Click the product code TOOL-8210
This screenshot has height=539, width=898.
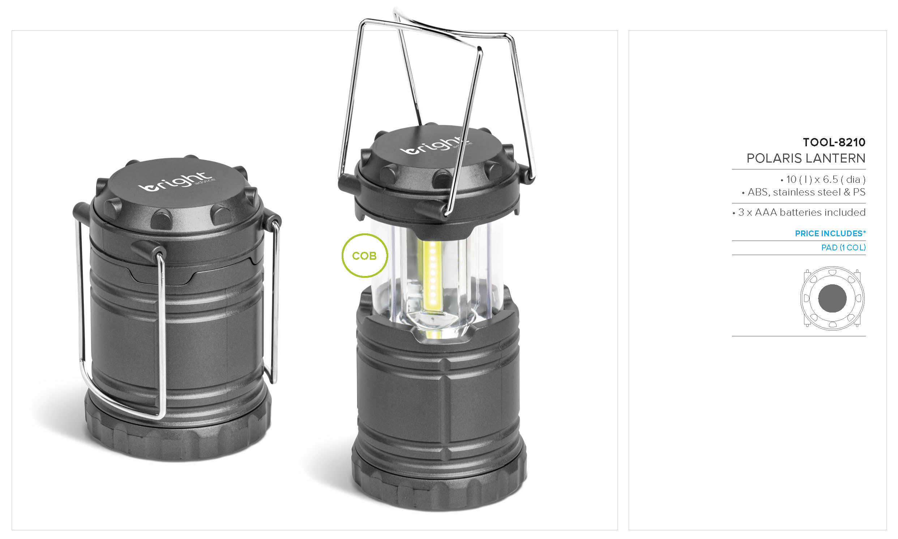pyautogui.click(x=834, y=142)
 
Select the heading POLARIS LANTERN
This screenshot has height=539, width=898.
pyautogui.click(x=806, y=158)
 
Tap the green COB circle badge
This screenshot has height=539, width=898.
pyautogui.click(x=364, y=255)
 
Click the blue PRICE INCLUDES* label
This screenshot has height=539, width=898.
pyautogui.click(x=830, y=233)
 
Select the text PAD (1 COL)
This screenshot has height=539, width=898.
pyautogui.click(x=843, y=247)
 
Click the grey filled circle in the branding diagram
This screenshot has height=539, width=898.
pyautogui.click(x=832, y=298)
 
